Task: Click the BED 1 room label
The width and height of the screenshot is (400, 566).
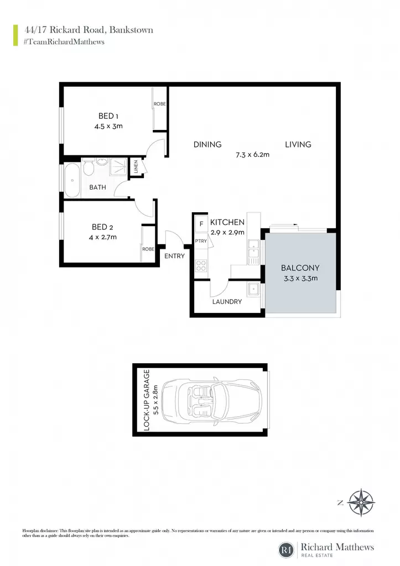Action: pos(108,116)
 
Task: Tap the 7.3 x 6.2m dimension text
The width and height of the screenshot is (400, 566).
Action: pos(253,155)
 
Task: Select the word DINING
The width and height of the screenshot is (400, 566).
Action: pos(207,144)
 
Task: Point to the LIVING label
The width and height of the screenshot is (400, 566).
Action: pos(298,144)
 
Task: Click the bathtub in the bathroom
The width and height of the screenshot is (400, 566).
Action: pos(72,181)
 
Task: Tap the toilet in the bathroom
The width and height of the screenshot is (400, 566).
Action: pos(89,168)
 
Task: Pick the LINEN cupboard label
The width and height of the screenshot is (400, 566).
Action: pos(136,166)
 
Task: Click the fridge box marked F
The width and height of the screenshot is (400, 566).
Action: pos(201,224)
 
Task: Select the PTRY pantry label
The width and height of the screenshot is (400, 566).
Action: pos(201,241)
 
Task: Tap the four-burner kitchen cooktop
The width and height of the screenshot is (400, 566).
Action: pos(201,266)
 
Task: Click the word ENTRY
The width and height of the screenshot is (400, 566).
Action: pos(174,256)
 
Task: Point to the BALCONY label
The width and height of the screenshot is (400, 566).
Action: pos(300,268)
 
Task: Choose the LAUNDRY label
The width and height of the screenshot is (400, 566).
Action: pos(227,301)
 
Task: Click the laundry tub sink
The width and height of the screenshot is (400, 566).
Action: pos(253,289)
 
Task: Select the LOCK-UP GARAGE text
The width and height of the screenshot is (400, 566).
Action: pos(147,400)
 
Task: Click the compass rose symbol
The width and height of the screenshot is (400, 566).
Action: pos(361,502)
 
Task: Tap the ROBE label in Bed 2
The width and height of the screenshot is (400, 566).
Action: pos(148,249)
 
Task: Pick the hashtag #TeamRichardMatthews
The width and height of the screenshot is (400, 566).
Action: pos(64,42)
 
